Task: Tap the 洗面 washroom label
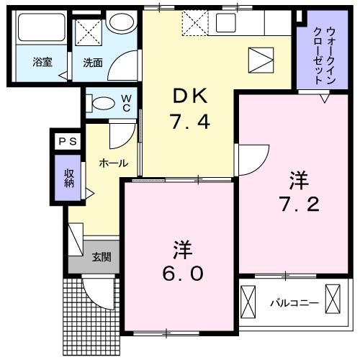(x=92, y=63)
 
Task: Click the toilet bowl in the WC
(x=102, y=102)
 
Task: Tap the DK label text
(x=189, y=95)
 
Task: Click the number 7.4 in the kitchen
(x=190, y=122)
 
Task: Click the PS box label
(x=66, y=140)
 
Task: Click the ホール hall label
(x=113, y=163)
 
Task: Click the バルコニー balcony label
(x=294, y=302)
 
